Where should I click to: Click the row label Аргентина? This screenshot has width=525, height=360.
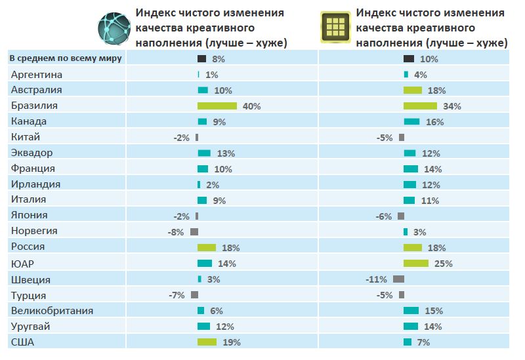pyautogui.click(x=37, y=75)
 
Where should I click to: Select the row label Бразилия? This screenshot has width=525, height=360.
pyautogui.click(x=35, y=106)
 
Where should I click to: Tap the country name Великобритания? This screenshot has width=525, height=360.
pyautogui.click(x=52, y=311)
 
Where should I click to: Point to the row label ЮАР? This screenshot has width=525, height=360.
pyautogui.click(x=22, y=264)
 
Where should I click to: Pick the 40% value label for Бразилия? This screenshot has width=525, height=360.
pyautogui.click(x=251, y=106)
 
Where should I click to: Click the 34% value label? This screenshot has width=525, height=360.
pyautogui.click(x=452, y=106)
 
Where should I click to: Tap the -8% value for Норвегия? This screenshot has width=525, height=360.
pyautogui.click(x=176, y=232)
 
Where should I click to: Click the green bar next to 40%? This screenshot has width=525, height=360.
pyautogui.click(x=217, y=106)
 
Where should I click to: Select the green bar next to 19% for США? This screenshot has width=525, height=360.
pyautogui.click(x=207, y=342)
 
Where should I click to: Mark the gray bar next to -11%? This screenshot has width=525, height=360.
pyautogui.click(x=398, y=279)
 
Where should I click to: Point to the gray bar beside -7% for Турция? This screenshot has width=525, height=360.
pyautogui.click(x=194, y=294)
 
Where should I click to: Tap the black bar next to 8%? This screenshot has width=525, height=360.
pyautogui.click(x=202, y=59)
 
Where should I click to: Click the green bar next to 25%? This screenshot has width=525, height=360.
pyautogui.click(x=416, y=263)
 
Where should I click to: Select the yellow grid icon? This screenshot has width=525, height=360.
pyautogui.click(x=335, y=27)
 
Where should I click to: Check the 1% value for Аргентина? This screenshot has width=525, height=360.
pyautogui.click(x=211, y=75)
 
